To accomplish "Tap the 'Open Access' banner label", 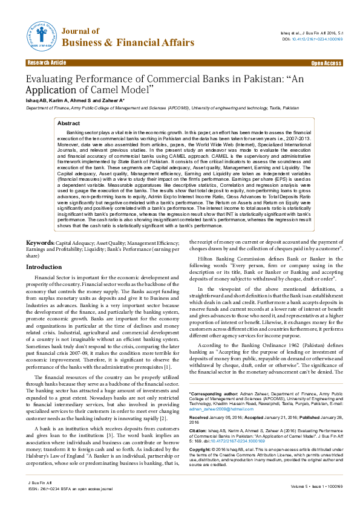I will click(326, 63).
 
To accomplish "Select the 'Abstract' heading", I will click(68, 123).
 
